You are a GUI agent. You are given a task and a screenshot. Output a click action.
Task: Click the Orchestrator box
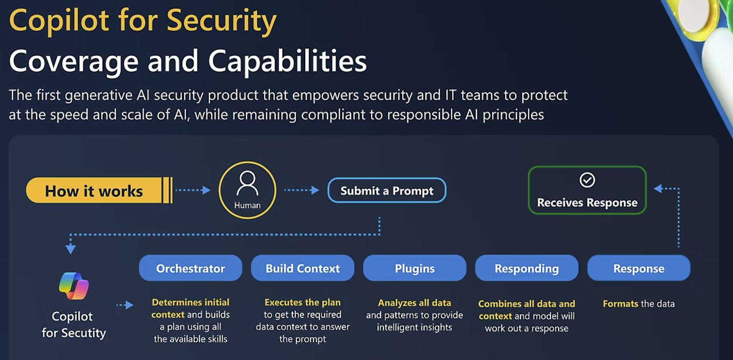pos(190,268)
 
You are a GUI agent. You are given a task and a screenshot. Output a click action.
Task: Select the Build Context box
pos(302,268)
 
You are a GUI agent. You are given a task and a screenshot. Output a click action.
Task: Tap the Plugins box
pos(414,268)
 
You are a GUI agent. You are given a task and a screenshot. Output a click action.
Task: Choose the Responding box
pos(527,268)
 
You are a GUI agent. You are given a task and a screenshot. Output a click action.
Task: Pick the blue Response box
pos(638,268)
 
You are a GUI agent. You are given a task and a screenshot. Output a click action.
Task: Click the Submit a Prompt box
pos(387,191)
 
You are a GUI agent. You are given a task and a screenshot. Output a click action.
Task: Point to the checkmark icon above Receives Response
pos(587,180)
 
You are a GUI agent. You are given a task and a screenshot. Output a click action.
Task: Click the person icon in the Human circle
pos(247,183)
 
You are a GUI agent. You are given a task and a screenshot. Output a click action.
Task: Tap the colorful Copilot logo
pos(74,286)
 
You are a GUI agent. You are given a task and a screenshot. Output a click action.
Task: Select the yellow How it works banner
pos(94,191)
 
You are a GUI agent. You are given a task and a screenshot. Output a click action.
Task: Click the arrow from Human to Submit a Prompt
pos(302,190)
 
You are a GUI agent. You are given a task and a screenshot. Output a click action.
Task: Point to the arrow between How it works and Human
pos(193,190)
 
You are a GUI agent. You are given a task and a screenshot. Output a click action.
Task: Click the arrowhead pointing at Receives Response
pos(658,188)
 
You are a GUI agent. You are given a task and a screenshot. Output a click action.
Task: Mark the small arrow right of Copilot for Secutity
pos(125,305)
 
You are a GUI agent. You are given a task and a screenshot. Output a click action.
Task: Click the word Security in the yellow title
pos(221,21)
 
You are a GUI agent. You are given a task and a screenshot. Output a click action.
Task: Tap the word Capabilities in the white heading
pos(287,61)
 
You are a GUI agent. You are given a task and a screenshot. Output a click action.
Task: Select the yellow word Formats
pos(620,304)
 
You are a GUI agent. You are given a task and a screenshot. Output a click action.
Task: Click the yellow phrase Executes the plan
pos(302,302)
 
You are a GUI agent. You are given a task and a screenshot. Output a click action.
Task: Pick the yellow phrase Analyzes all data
pos(414,303)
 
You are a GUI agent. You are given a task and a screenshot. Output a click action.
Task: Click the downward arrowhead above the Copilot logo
pos(71,250)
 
